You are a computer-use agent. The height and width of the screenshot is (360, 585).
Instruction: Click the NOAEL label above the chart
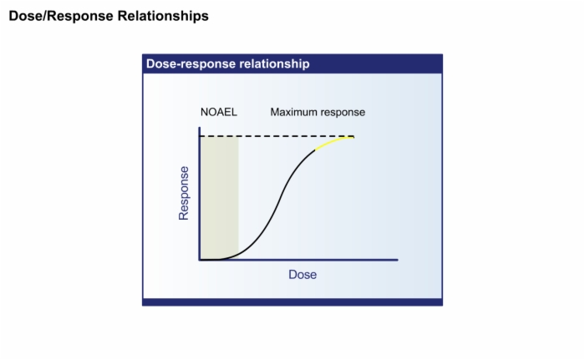point(219,112)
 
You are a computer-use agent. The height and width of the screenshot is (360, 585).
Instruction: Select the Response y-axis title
point(184,193)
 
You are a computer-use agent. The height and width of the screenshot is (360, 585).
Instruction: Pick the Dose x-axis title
point(303,275)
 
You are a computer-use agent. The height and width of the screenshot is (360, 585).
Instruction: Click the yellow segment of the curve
point(333,142)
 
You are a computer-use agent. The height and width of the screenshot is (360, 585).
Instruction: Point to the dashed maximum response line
point(277,136)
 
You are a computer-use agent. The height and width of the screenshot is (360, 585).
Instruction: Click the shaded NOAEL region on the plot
point(220,198)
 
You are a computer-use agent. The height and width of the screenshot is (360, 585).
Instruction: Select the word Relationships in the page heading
point(163,16)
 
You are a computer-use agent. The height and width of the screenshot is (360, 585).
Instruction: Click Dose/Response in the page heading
point(61,16)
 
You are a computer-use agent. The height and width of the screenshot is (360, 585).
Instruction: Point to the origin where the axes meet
point(200,260)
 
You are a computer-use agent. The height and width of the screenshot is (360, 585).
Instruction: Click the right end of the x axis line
point(398,260)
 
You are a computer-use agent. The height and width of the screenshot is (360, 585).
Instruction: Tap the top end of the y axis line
point(200,128)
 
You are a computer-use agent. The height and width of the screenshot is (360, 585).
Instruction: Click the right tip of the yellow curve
point(354,137)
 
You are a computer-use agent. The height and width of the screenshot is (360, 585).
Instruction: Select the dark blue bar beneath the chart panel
point(292,302)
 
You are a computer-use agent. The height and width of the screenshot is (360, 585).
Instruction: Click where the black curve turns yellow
point(315,150)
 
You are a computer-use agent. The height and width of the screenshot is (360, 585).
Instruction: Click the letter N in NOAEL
point(204,112)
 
